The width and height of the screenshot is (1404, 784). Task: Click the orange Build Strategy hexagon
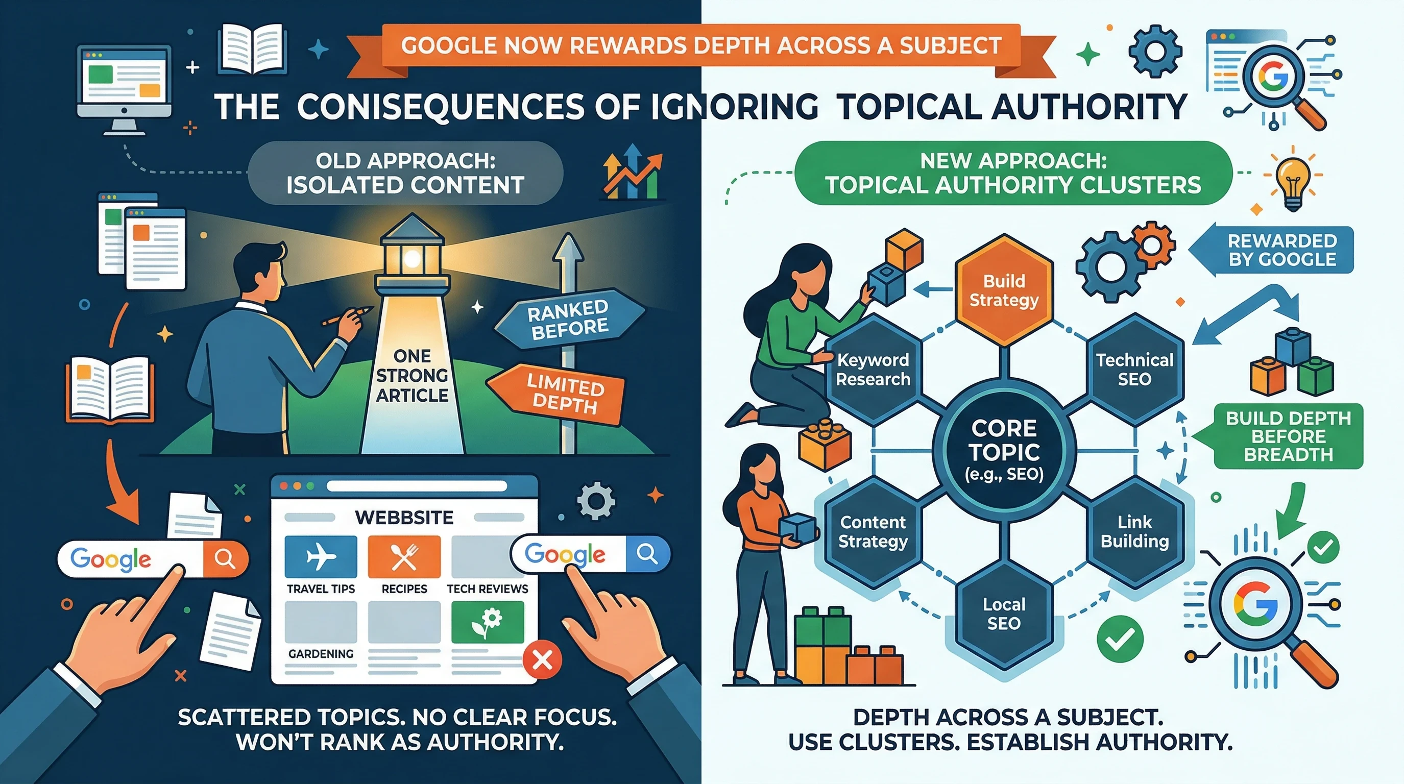(1003, 290)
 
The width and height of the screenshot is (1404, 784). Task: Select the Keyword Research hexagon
(873, 370)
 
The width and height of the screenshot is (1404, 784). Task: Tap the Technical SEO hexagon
(1135, 370)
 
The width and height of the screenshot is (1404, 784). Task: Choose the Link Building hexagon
(1135, 532)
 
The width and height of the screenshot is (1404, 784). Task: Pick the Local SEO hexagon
(1003, 614)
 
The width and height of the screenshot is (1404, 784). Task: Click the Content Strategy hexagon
(873, 532)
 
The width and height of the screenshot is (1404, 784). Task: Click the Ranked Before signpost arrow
(568, 320)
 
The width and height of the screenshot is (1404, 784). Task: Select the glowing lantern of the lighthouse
(411, 259)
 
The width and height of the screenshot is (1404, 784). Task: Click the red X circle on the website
(542, 660)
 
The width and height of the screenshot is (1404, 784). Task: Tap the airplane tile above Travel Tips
(321, 556)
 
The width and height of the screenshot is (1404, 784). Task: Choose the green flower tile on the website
(487, 622)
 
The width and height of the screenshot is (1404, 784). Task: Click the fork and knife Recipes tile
(404, 556)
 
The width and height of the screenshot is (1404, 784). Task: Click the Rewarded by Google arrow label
(1275, 250)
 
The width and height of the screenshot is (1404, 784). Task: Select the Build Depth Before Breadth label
(1288, 436)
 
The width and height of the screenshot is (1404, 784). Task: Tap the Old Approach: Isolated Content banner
(405, 173)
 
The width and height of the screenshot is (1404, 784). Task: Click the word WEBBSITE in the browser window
(404, 517)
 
